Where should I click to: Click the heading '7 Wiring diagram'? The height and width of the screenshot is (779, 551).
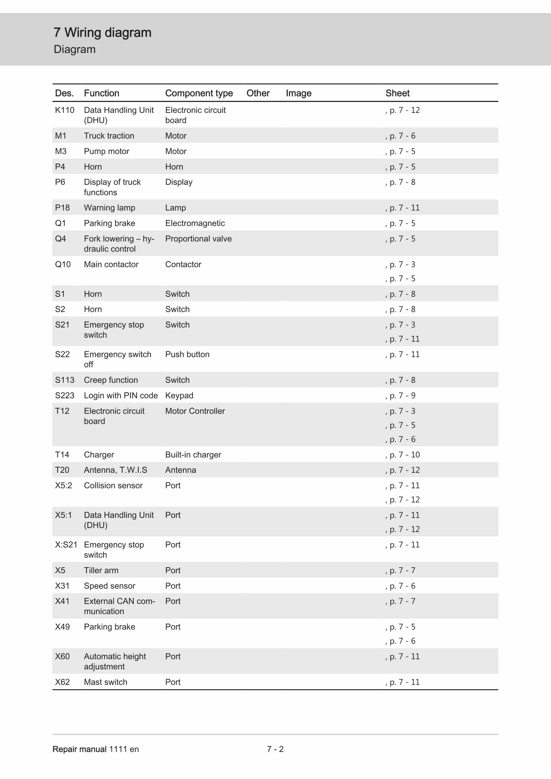pyautogui.click(x=102, y=33)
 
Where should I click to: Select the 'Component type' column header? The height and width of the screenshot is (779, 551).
pyautogui.click(x=199, y=93)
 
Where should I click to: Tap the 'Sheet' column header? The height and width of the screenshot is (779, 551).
pyautogui.click(x=397, y=93)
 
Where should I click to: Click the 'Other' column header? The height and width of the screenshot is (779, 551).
pyautogui.click(x=258, y=93)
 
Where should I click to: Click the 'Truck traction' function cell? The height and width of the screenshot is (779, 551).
pyautogui.click(x=109, y=136)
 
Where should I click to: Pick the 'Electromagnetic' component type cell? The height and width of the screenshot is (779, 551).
pyautogui.click(x=195, y=223)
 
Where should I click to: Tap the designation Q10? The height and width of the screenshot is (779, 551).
pyautogui.click(x=63, y=264)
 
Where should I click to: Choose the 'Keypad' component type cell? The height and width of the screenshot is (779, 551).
pyautogui.click(x=179, y=395)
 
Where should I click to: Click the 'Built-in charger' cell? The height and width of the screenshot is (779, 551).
pyautogui.click(x=193, y=455)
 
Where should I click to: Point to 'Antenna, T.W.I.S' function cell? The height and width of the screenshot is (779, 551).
pyautogui.click(x=115, y=470)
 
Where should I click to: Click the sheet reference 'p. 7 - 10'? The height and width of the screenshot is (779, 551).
pyautogui.click(x=404, y=455)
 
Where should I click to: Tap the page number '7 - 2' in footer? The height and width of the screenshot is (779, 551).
pyautogui.click(x=275, y=749)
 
